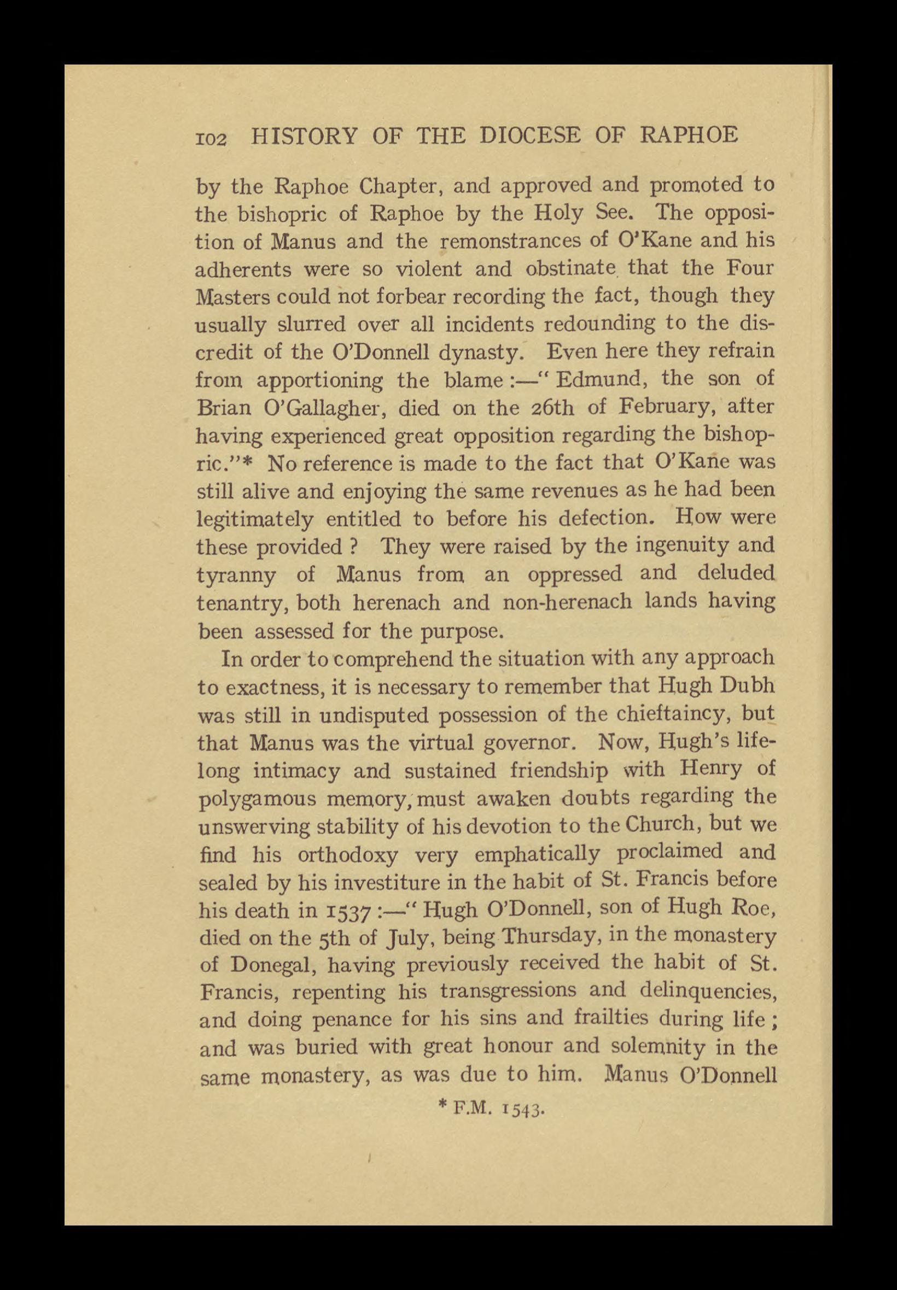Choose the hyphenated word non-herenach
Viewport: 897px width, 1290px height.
[x=567, y=602]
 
